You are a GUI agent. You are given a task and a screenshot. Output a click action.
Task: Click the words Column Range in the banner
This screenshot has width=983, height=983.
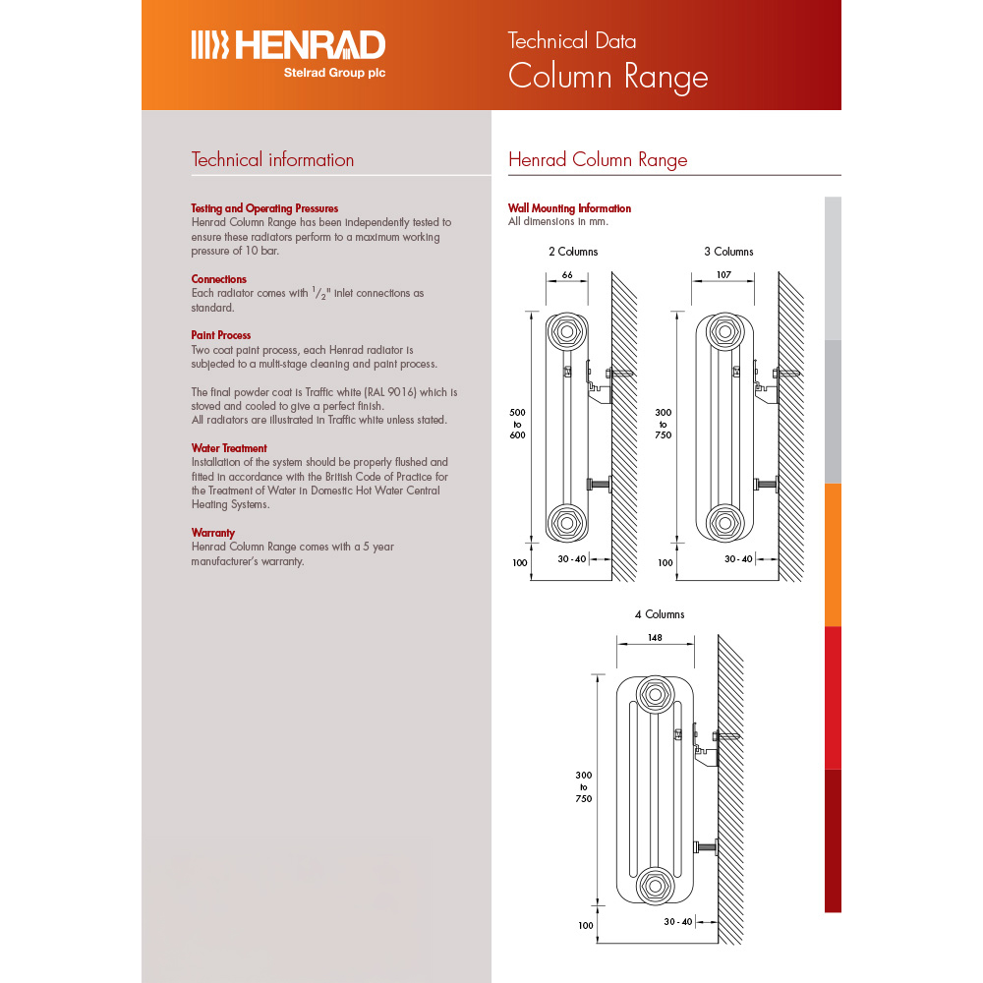point(607,77)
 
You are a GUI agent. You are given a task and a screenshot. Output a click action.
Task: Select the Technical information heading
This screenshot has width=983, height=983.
point(272,160)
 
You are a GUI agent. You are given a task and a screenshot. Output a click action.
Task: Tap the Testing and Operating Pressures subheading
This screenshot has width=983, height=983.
point(264,208)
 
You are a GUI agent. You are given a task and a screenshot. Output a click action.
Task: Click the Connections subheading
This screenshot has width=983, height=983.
point(218,279)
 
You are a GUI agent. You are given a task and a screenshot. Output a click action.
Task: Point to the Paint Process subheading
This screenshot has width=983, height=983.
point(220,335)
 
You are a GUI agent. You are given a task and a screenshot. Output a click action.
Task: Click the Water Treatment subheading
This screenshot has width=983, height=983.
point(229,448)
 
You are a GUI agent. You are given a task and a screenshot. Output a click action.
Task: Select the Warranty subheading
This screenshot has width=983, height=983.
point(212,533)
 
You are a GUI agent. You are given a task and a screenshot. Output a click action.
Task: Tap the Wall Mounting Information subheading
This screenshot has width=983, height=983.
point(569,208)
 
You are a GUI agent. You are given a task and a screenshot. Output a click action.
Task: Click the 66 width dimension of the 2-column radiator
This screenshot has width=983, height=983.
point(567,274)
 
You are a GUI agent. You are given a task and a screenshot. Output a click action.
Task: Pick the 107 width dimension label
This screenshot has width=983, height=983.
point(723,274)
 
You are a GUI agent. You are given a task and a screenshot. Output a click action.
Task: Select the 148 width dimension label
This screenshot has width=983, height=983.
point(655,637)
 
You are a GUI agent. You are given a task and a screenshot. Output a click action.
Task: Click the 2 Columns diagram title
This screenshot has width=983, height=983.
point(572,252)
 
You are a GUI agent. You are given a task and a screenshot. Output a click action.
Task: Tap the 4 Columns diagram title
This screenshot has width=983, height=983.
point(659,614)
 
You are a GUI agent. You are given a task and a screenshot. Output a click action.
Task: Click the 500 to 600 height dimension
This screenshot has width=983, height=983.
point(517,424)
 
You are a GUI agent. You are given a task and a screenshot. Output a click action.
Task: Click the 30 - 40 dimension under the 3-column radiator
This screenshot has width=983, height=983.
point(738,558)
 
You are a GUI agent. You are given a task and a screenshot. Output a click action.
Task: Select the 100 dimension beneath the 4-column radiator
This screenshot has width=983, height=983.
point(586,925)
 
